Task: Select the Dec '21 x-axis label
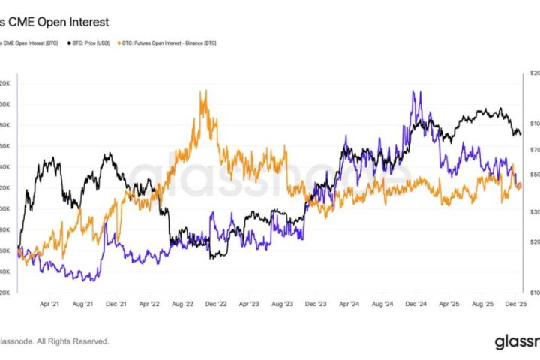[x=116, y=304]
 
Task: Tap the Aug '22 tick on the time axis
[x=184, y=304]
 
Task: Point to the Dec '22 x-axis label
[x=217, y=304]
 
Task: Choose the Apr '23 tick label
[x=249, y=304]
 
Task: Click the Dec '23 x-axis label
[x=316, y=304]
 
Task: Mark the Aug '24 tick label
[x=382, y=304]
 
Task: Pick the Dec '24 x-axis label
[x=415, y=304]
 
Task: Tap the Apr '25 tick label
[x=448, y=304]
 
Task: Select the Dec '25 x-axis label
[x=514, y=304]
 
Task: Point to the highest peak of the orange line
[x=202, y=91]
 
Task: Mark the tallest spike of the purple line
[x=413, y=91]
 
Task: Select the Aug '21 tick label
[x=84, y=304]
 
